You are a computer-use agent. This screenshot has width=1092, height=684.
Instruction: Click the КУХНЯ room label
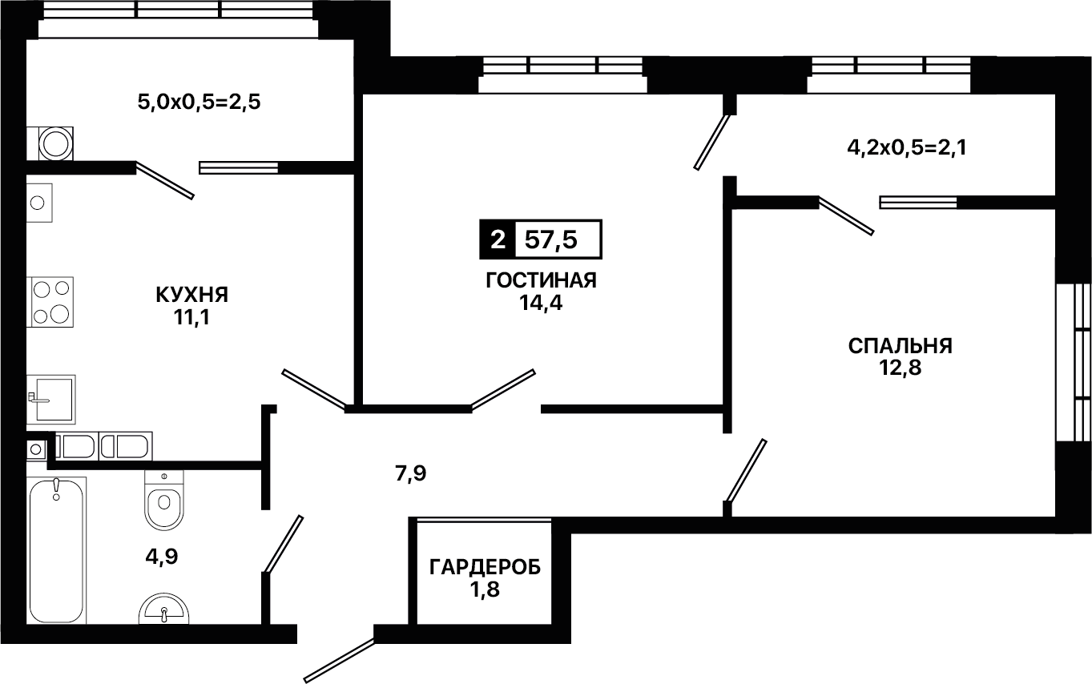pos(192,295)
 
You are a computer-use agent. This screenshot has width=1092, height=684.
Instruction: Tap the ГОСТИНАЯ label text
pos(541,281)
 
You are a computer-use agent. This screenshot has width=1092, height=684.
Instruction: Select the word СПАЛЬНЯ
pos(901,346)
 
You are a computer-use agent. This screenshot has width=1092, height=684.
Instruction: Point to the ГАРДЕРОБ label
pos(485,568)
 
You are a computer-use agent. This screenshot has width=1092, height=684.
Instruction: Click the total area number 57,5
pos(551,239)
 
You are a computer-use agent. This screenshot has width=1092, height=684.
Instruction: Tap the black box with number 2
pos(498,239)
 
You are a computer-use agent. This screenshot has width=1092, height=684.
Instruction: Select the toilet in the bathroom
pos(164,501)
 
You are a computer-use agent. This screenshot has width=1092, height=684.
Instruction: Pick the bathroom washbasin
pos(163,609)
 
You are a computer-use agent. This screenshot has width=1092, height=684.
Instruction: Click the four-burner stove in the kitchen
pos(50,302)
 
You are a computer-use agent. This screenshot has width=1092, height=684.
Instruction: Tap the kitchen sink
pos(50,400)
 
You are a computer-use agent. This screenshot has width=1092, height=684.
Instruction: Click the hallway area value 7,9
pos(411,473)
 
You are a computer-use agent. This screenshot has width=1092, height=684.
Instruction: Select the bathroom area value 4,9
pos(162,557)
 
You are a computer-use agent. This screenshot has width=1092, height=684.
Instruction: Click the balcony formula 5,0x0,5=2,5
pos(199,103)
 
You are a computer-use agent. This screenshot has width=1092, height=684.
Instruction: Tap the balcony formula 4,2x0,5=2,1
pos(907,147)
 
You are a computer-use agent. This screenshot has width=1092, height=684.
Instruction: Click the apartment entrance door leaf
pos(340,660)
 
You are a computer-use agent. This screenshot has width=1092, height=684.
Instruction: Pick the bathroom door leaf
pos(284,544)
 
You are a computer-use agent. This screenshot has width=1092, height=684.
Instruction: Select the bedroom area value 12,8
pos(901,368)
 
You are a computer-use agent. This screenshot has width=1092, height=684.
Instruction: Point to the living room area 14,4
pos(541,303)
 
